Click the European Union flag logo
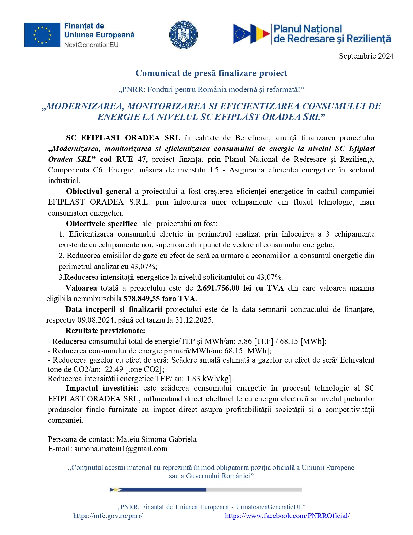point(42,35)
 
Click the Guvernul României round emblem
point(184,35)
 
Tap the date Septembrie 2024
point(366,56)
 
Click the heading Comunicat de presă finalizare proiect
point(211,73)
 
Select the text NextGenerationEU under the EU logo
point(91,45)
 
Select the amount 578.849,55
point(142,299)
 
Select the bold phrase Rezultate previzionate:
point(105,331)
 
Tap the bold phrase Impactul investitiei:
point(102,388)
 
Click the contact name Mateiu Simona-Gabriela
point(156,439)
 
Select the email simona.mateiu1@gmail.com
point(121,449)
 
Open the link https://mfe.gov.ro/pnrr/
point(108,516)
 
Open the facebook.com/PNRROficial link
point(287,516)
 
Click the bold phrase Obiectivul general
point(99,191)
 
